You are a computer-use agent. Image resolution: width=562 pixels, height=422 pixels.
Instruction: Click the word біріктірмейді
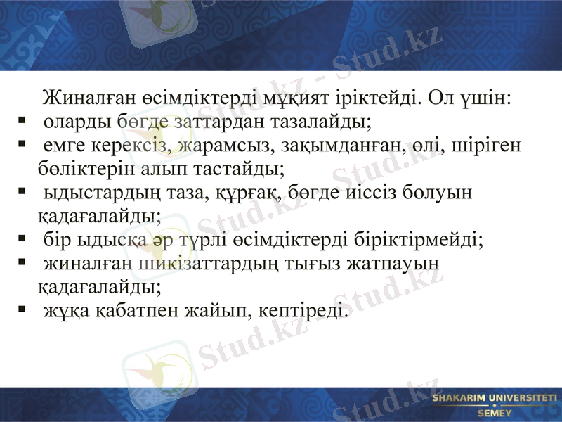point(418,239)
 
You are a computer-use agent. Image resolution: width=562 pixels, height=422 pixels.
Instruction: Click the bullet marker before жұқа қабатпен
point(23,309)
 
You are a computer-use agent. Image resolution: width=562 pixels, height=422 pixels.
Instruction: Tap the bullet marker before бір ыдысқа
point(23,238)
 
